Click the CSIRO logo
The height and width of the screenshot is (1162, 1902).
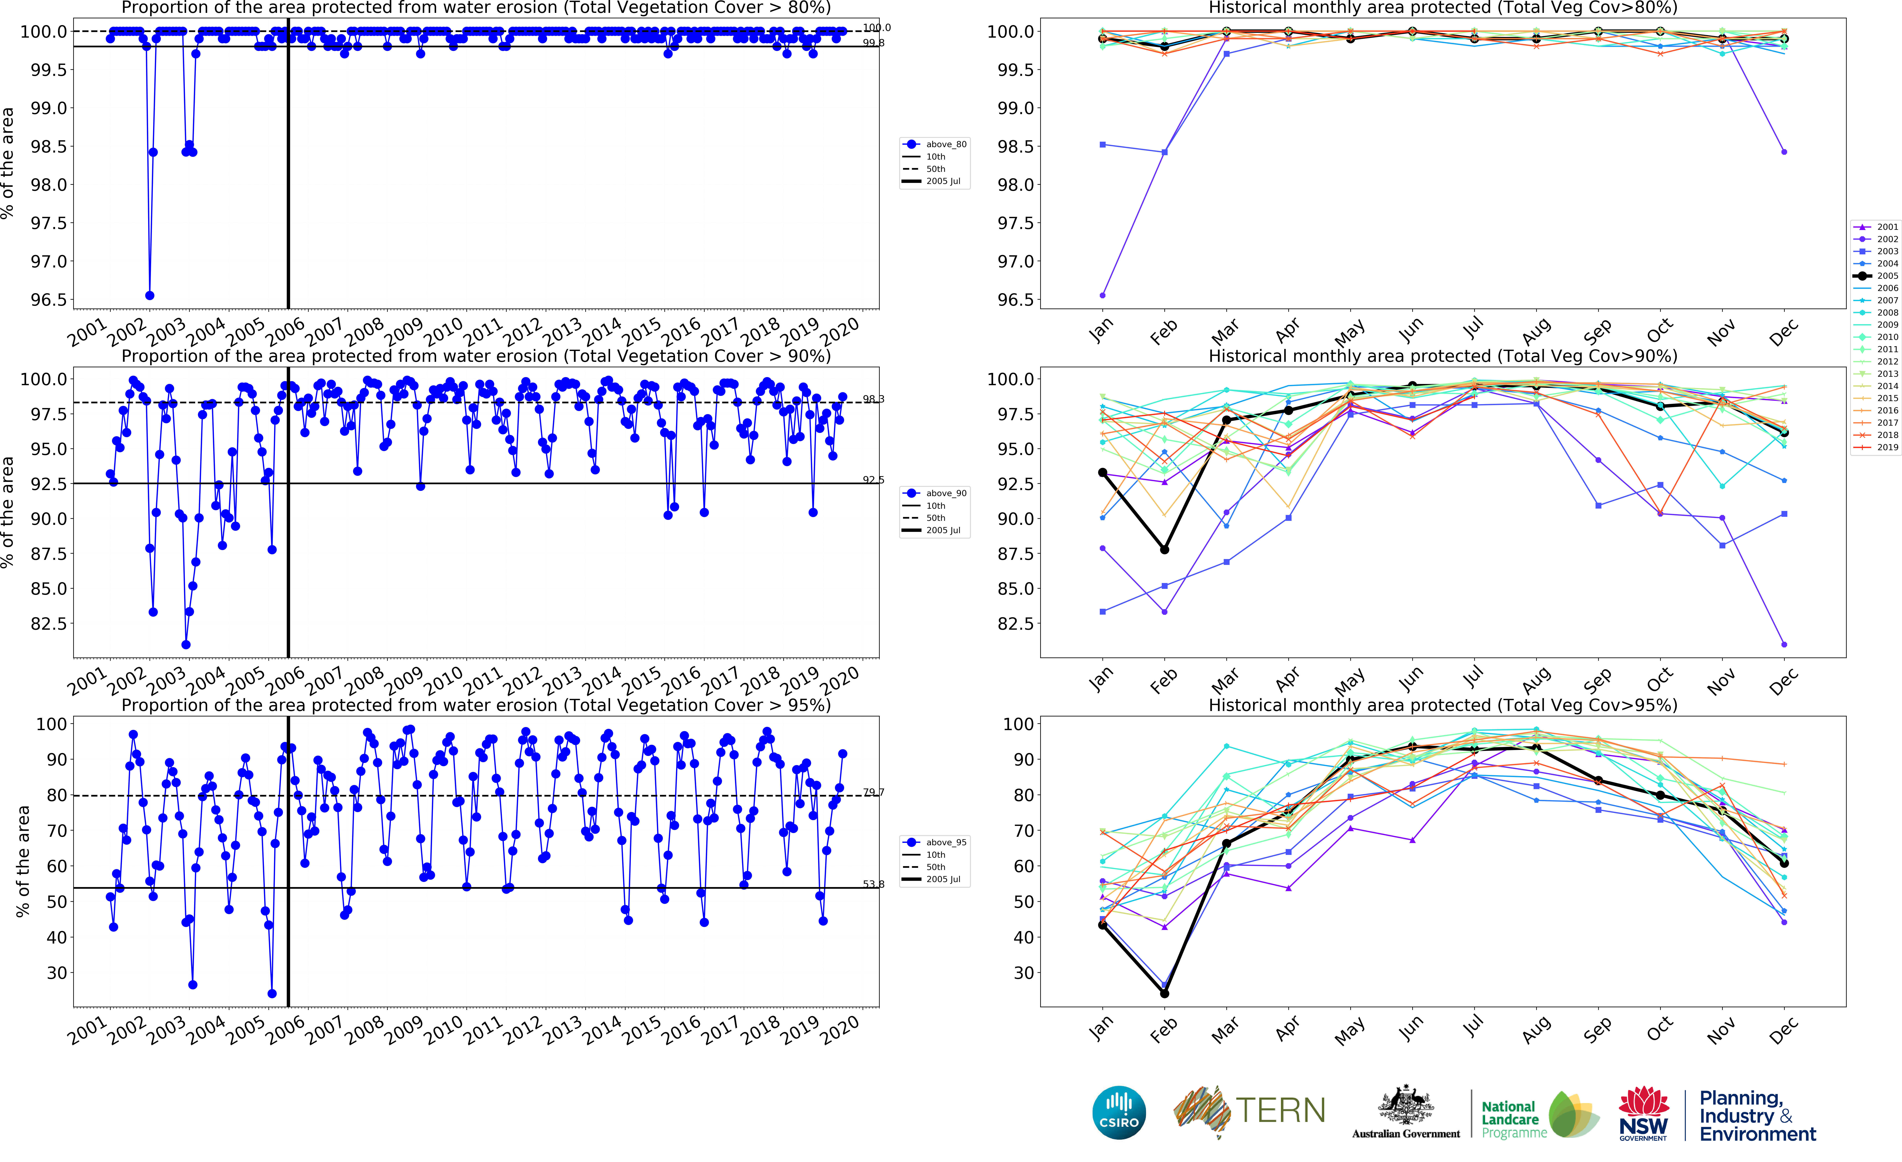pyautogui.click(x=1119, y=1112)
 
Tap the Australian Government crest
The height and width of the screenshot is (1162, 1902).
pyautogui.click(x=1406, y=1104)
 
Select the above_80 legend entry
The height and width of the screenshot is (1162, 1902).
pyautogui.click(x=936, y=144)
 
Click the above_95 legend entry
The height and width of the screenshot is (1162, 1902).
pyautogui.click(x=936, y=842)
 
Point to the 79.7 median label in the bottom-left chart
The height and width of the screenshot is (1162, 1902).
pyautogui.click(x=873, y=792)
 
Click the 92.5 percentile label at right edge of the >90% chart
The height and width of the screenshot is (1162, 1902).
pyautogui.click(x=873, y=479)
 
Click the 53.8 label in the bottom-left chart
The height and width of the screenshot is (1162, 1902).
pyautogui.click(x=873, y=884)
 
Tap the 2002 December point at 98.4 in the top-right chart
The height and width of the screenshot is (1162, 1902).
pyautogui.click(x=1784, y=152)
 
